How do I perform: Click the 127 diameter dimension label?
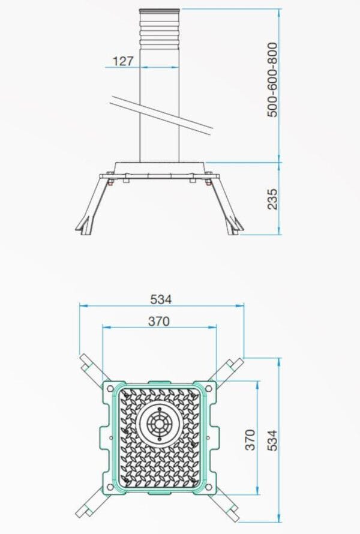[x=122, y=61]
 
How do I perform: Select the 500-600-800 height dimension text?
[x=273, y=79]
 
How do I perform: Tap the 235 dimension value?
[x=273, y=199]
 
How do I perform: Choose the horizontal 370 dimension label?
[x=159, y=322]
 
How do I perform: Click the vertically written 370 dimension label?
[x=250, y=439]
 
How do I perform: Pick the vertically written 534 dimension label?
[x=272, y=440]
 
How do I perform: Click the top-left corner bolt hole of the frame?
[x=110, y=388]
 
